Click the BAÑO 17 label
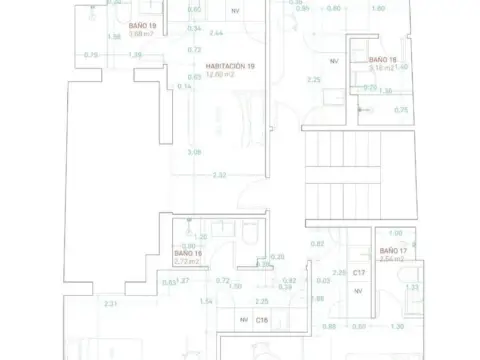point(392,249)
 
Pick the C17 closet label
point(359,272)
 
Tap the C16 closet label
point(261,319)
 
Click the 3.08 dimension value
point(194,152)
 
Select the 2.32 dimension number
point(219,176)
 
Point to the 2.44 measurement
point(215,33)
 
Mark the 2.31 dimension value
point(111,303)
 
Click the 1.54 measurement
point(206,301)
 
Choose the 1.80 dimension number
point(378,8)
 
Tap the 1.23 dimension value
point(412,287)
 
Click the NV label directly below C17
point(358,291)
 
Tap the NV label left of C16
point(242,319)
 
